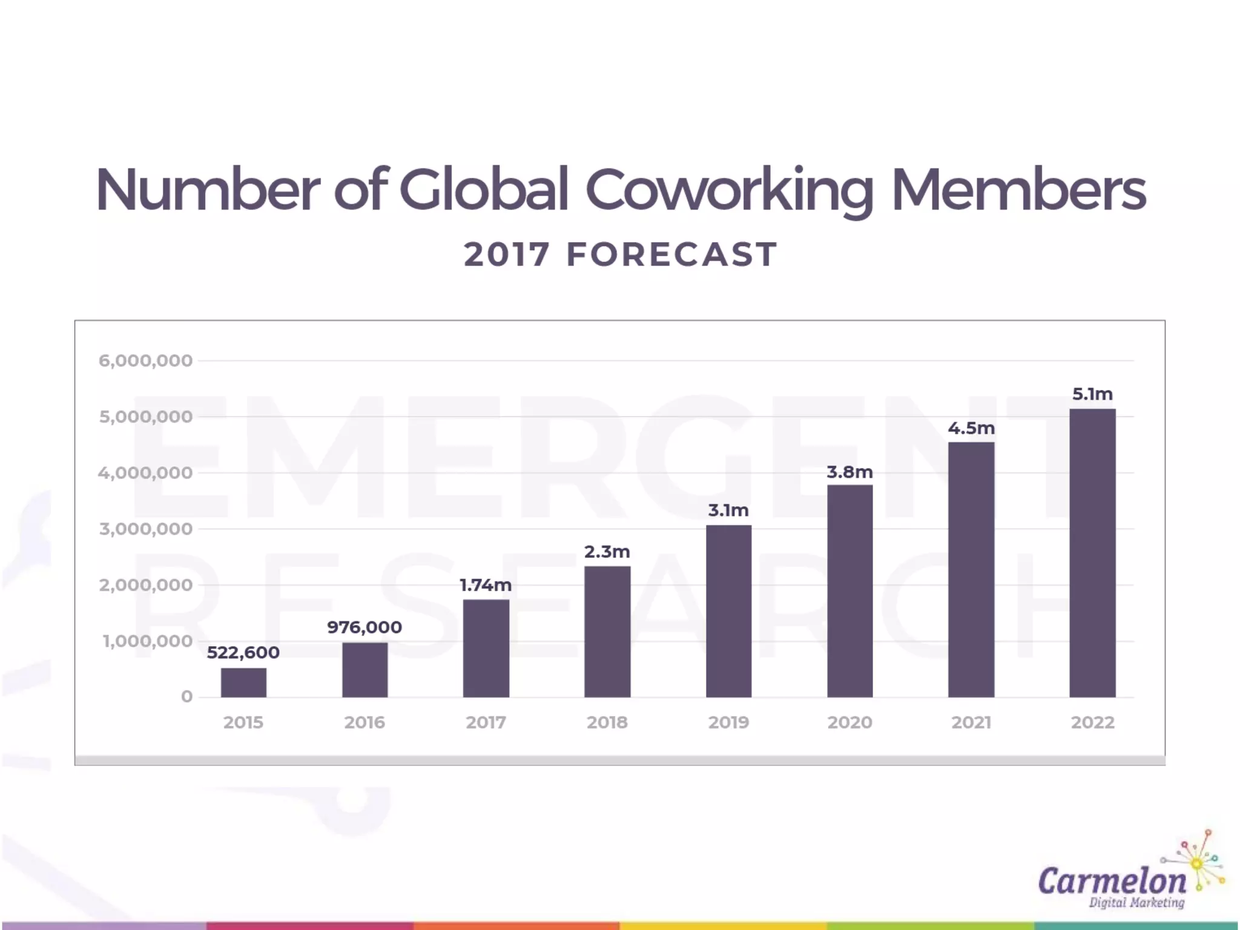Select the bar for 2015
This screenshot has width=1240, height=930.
[243, 682]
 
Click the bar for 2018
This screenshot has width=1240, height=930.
[607, 632]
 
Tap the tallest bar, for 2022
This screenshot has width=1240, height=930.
[1092, 553]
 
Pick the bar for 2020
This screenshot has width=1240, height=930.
[850, 591]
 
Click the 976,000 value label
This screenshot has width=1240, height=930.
[364, 627]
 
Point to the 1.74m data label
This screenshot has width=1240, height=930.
[486, 585]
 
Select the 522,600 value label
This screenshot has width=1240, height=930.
[243, 653]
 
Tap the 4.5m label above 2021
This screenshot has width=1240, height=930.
[971, 428]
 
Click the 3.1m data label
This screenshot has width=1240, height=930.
[728, 510]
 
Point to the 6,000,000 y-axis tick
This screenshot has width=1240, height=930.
[146, 361]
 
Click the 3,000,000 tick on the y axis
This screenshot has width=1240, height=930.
[146, 529]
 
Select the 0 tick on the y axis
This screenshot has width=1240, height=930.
[186, 697]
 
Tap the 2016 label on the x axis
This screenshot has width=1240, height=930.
[364, 722]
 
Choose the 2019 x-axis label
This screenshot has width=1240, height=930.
[728, 722]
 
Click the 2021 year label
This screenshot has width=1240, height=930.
[971, 722]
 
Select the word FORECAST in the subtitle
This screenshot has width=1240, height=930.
[671, 254]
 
